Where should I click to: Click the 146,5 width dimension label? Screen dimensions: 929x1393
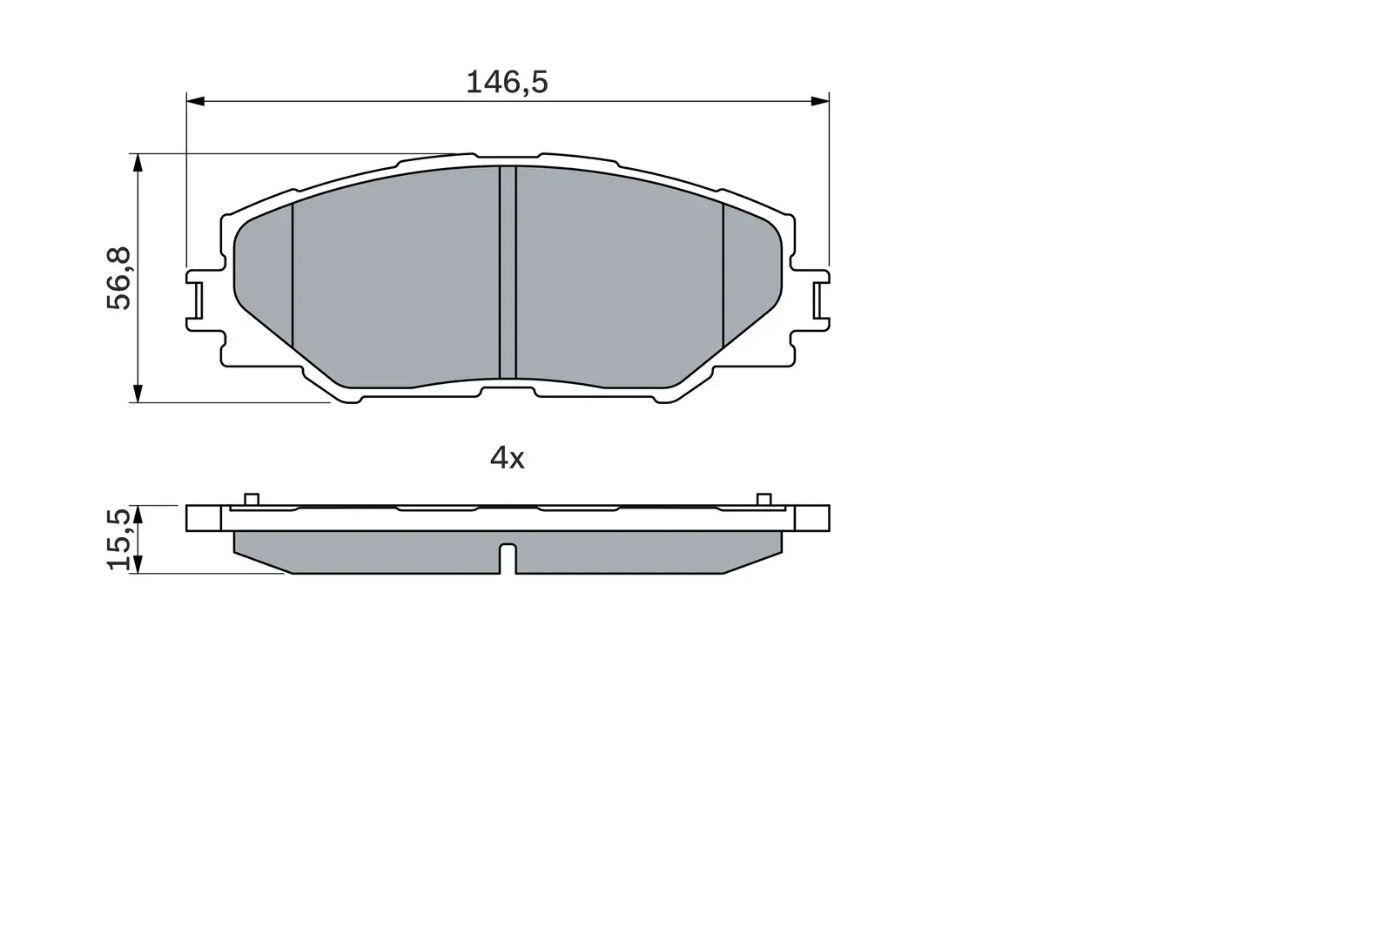[x=507, y=83]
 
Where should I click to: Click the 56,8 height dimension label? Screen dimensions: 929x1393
[x=119, y=279]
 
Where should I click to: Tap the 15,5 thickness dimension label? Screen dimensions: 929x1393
[x=120, y=540]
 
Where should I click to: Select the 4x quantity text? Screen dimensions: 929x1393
[x=508, y=458]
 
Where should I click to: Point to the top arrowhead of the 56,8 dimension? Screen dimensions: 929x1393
[x=137, y=163]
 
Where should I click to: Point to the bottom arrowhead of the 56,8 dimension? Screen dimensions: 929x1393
[x=137, y=394]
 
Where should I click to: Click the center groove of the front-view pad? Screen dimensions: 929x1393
[x=508, y=272]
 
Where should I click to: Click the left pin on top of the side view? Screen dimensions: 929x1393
[x=252, y=499]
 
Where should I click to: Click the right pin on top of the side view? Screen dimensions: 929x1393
[x=764, y=499]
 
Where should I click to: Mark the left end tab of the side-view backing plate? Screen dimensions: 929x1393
[x=205, y=518]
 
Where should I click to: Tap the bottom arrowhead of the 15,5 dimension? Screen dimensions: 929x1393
[x=137, y=565]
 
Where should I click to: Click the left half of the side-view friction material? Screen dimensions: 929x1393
[x=366, y=553]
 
